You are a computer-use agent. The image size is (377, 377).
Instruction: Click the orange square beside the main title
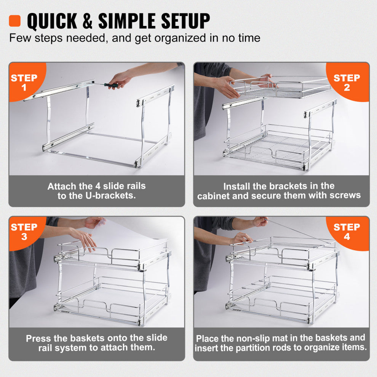[x=14, y=21]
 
